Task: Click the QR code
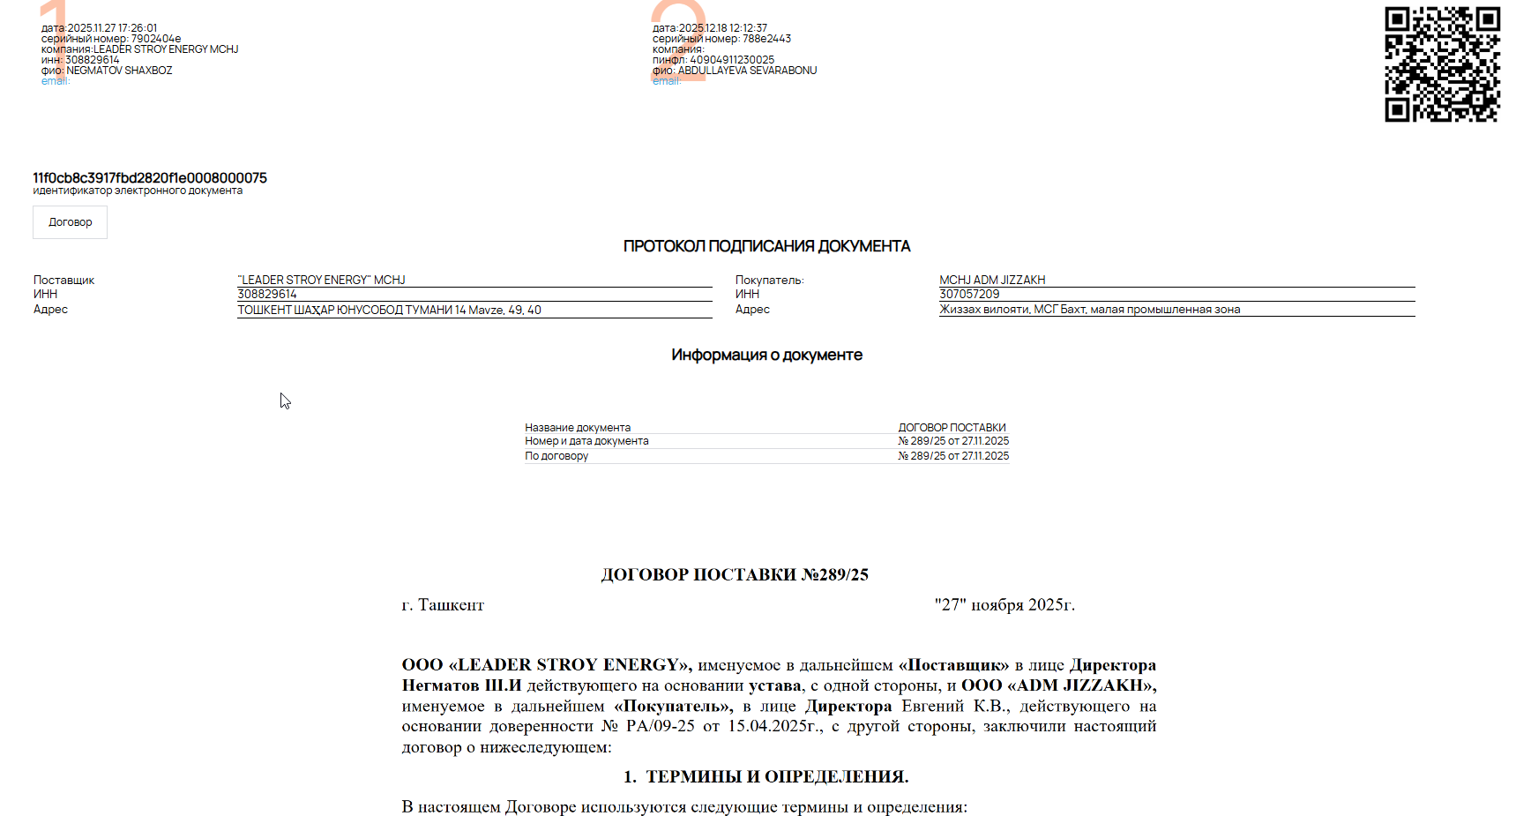coord(1442,64)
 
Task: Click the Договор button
coord(70,222)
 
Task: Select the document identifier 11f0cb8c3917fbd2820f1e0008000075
coord(150,178)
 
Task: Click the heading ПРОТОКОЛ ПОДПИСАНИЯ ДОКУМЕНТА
coord(766,246)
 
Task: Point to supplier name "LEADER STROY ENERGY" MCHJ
coord(322,280)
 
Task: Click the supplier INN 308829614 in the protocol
coord(267,295)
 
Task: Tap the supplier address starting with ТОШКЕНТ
coord(389,310)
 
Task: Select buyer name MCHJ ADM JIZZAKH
coord(992,280)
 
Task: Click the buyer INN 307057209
coord(969,295)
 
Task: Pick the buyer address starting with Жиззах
coord(1089,310)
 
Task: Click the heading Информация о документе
coord(766,355)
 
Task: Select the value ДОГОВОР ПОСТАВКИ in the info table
coord(952,428)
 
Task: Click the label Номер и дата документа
coord(586,441)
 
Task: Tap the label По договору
coord(556,456)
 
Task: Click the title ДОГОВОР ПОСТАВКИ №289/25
coord(735,574)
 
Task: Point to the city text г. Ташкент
coord(443,605)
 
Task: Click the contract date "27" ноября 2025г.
coord(1004,605)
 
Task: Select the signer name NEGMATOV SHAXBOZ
coord(119,71)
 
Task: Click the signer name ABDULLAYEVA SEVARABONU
coord(747,71)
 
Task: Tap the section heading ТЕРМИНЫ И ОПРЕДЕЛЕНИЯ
coord(776,776)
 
